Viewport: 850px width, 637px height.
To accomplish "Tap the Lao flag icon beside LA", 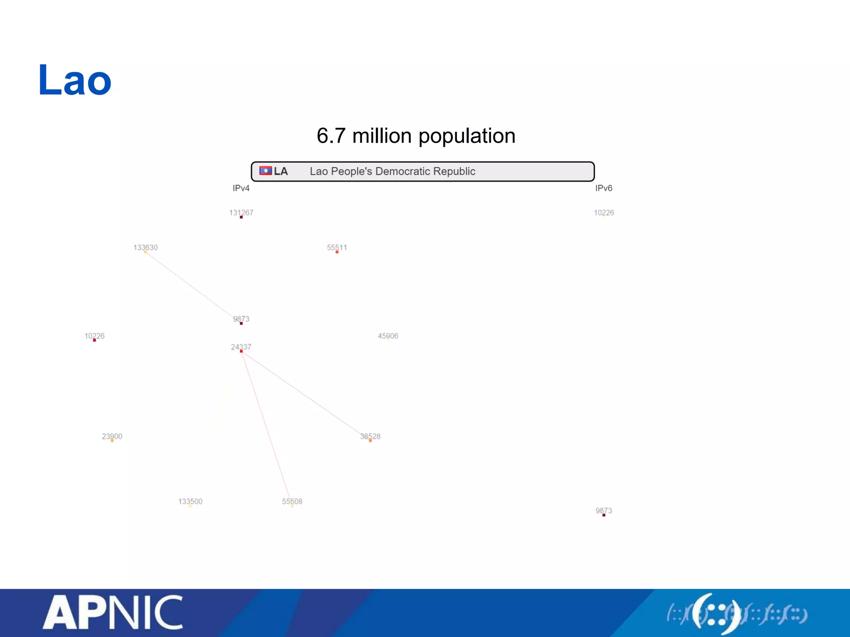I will [265, 171].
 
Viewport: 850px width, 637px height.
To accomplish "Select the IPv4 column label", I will [241, 188].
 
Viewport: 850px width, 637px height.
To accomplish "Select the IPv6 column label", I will [603, 188].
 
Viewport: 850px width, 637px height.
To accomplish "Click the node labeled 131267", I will [241, 217].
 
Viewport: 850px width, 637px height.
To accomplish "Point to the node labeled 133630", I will [145, 252].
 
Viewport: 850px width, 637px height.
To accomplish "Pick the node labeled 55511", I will [337, 252].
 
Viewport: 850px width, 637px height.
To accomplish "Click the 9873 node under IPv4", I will [241, 323].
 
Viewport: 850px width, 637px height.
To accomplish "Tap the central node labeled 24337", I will [241, 351].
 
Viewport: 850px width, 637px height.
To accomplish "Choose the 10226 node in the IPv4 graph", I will [95, 340].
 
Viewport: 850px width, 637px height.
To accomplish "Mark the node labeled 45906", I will [388, 340].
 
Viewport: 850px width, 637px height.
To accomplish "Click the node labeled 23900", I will [112, 440].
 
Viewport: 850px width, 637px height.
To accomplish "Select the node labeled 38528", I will [370, 440].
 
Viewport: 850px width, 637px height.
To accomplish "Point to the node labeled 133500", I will [190, 506].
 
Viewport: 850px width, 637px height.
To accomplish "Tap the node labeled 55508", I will [292, 506].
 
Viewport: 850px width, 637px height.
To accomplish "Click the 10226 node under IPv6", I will [604, 216].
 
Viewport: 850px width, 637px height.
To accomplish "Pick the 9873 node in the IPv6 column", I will [604, 515].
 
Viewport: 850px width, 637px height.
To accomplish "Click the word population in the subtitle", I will [467, 136].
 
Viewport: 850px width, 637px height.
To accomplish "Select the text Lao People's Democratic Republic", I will [392, 171].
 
